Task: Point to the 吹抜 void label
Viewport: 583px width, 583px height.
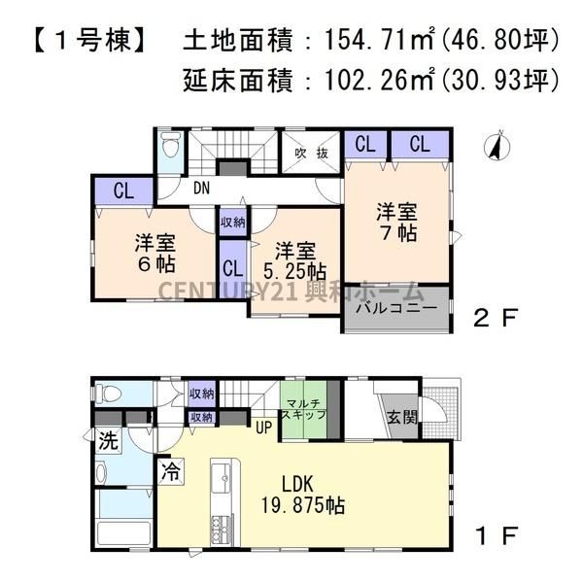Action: click(311, 153)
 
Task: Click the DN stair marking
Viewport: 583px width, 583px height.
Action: click(201, 188)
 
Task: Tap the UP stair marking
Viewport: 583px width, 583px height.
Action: click(262, 426)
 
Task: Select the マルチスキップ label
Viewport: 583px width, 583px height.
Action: click(304, 408)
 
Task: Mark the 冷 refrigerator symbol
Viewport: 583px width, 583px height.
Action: click(170, 475)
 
